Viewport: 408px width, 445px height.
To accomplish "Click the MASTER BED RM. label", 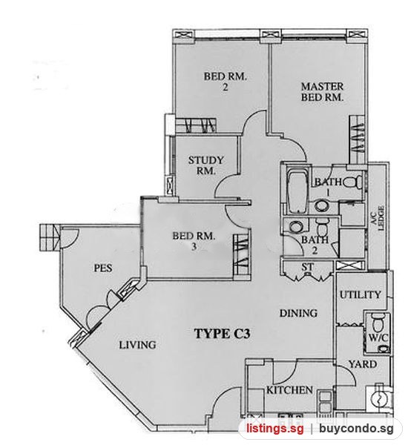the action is point(322,92).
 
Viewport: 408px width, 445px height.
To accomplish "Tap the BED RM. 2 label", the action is point(226,82).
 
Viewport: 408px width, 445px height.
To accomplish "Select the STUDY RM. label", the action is point(206,165).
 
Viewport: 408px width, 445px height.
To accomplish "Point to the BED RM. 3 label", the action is point(194,241).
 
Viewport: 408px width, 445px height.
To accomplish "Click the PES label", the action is point(103,268).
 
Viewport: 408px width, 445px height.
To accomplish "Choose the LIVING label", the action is point(137,345).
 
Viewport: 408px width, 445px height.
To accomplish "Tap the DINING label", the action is point(298,313).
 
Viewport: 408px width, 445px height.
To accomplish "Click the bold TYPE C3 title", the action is point(222,334).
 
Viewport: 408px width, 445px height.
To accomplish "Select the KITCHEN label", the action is point(289,390).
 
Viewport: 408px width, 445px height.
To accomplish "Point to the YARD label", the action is point(363,364).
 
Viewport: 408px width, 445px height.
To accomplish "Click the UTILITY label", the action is point(361,295).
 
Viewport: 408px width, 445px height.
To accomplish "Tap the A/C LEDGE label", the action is point(378,217).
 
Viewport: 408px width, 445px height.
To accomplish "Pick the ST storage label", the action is point(308,267).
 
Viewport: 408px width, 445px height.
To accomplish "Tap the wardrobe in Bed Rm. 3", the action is point(242,254).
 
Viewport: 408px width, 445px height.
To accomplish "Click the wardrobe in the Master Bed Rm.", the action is point(357,139).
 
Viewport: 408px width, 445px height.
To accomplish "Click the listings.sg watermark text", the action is point(274,428).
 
